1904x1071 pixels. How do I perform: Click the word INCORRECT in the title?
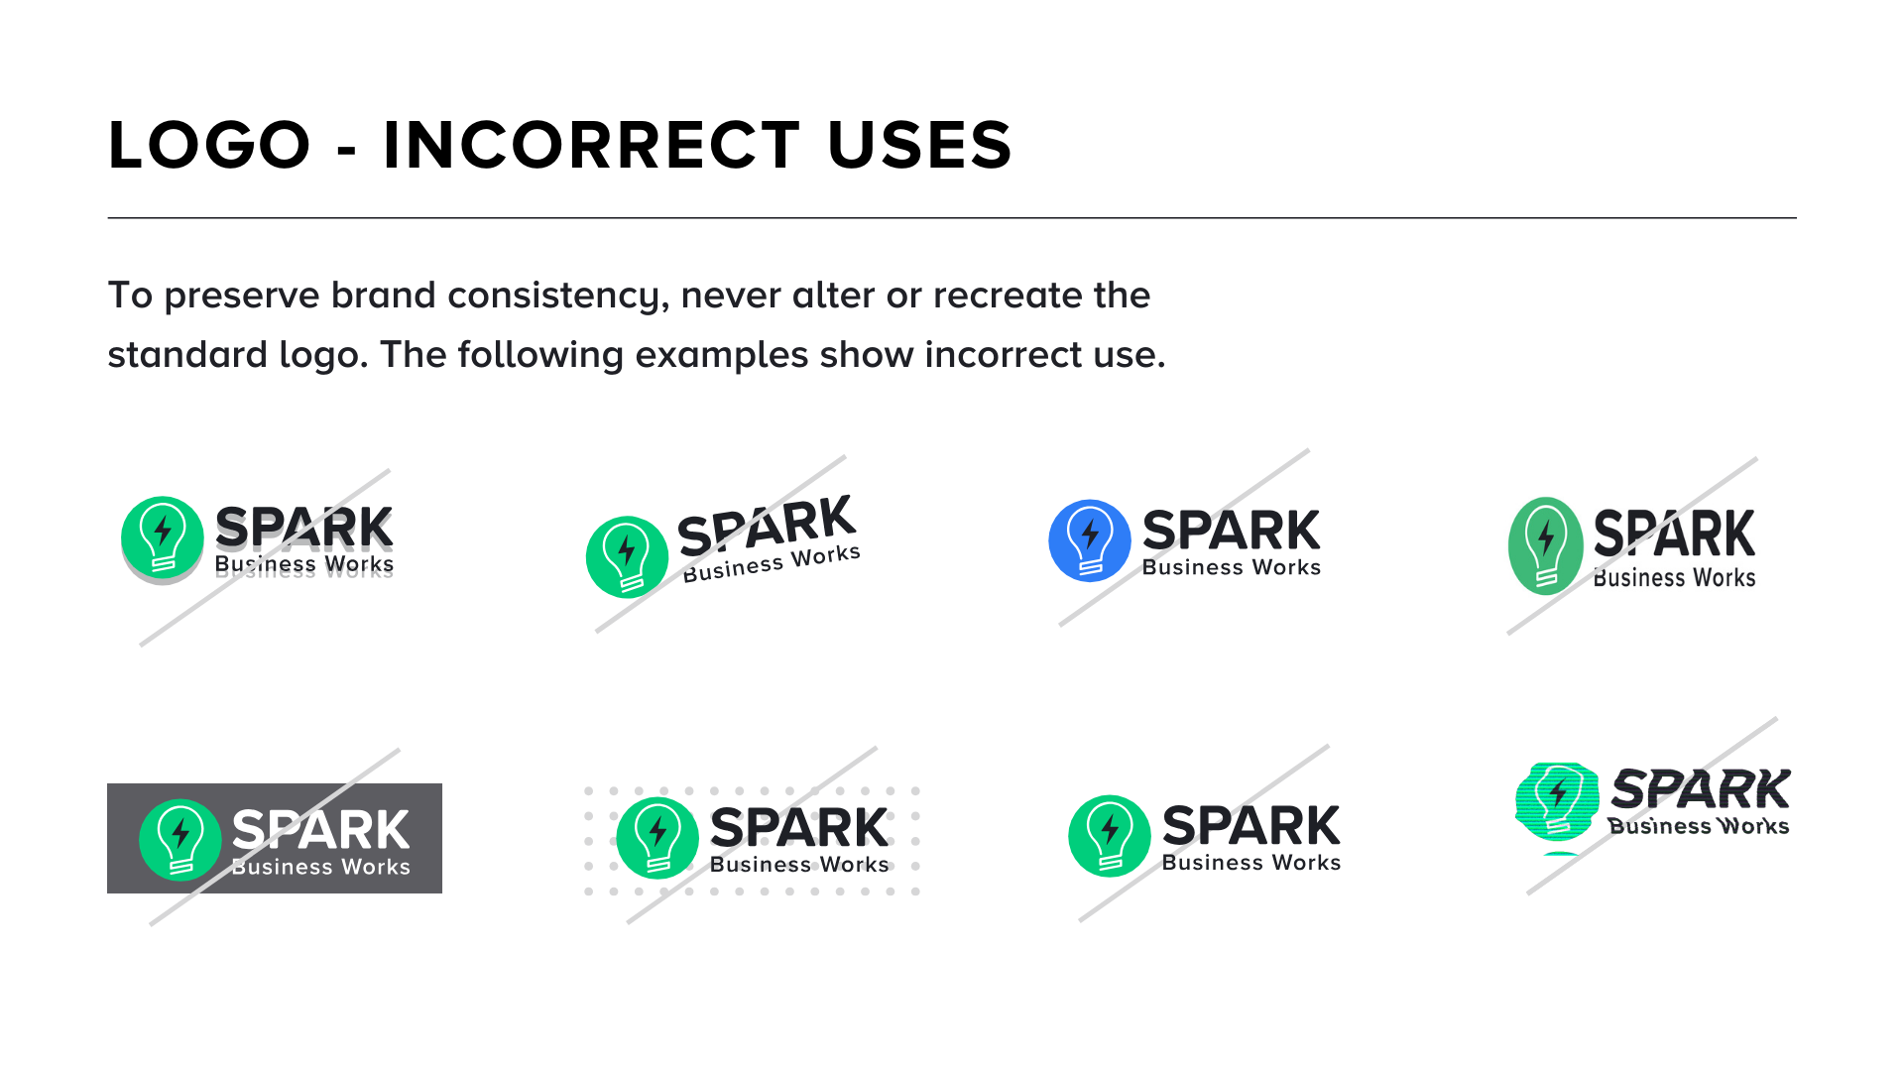pos(591,145)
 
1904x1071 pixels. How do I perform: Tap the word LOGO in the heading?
pos(209,145)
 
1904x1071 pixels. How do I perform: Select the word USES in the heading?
pos(919,145)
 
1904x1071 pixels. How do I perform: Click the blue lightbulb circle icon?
pos(1089,540)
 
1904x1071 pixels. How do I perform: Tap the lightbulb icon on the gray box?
pos(179,839)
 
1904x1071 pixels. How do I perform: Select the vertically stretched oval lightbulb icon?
pos(1545,545)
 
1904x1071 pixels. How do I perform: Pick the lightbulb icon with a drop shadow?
pos(162,536)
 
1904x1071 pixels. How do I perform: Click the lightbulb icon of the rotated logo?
pos(627,556)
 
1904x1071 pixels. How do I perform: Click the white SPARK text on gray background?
pos(320,829)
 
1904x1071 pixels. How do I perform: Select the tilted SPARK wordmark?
pos(766,525)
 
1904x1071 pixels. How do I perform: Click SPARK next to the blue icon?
pos(1231,531)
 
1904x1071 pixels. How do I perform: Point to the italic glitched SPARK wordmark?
pos(1700,789)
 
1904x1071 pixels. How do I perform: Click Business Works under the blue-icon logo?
pos(1231,567)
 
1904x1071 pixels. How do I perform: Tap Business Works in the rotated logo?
pos(771,563)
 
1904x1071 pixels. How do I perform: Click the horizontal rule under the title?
pos(952,217)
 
